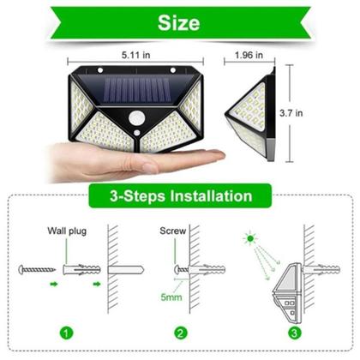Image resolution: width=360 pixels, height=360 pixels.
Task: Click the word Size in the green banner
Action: click(x=179, y=21)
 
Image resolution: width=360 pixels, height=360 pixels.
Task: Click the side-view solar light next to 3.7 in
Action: click(x=253, y=112)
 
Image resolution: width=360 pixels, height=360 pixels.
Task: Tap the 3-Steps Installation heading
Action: click(x=180, y=195)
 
